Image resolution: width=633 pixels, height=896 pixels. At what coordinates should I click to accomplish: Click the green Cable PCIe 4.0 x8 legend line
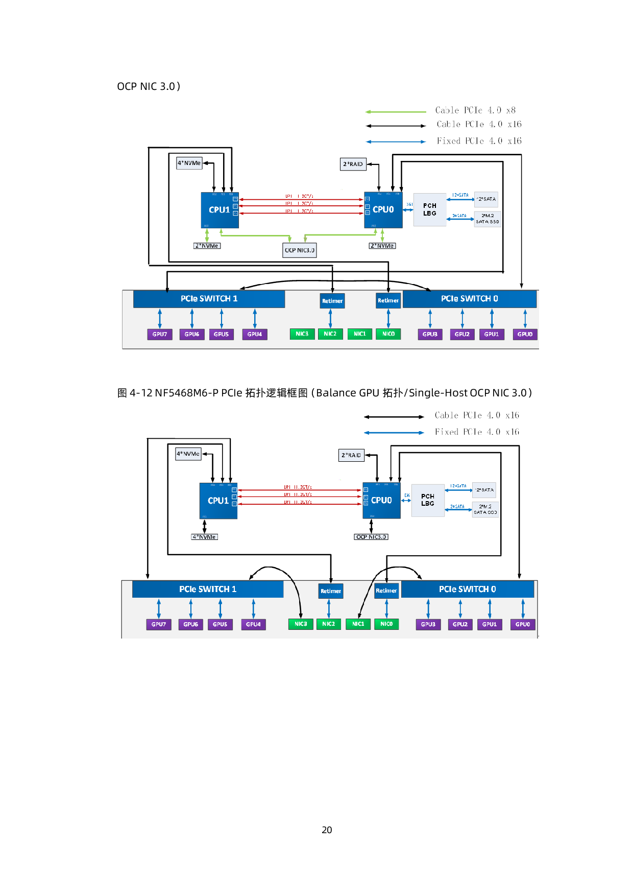point(396,111)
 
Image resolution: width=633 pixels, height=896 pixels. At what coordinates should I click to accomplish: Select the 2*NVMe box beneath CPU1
point(207,246)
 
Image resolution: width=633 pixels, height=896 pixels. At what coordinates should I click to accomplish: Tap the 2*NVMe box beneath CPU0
point(382,246)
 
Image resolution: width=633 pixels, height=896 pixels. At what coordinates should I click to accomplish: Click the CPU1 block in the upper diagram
point(220,210)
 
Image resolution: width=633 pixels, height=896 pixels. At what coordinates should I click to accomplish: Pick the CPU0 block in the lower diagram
point(381,501)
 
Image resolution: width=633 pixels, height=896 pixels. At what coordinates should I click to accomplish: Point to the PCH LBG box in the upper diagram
point(429,209)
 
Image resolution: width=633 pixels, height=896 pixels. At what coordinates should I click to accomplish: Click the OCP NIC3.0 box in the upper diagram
point(300,250)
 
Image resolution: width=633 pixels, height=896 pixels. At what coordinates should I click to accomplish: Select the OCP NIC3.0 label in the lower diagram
point(371,537)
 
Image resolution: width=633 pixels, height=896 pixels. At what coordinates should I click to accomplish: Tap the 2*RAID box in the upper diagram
point(353,164)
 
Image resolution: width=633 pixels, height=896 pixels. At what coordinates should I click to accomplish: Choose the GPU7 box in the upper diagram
point(160,334)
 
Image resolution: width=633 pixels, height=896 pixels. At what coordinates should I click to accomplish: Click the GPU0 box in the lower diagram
point(523,624)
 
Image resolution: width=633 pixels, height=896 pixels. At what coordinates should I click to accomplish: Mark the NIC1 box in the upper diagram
point(360,334)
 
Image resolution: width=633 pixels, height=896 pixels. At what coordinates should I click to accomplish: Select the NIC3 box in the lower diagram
point(301,624)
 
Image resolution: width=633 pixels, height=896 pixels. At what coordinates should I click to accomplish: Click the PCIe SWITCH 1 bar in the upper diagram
point(209,299)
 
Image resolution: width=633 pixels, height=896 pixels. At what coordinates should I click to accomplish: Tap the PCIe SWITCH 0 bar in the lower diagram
point(468,589)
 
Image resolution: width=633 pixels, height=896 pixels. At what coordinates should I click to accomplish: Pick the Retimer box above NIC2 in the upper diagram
point(332,301)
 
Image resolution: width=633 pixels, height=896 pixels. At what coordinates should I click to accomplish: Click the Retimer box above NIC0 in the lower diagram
point(386,591)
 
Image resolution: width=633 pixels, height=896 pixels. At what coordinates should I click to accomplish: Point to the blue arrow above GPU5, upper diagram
point(222,318)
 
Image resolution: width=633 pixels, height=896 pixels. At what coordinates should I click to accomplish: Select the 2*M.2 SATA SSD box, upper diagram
point(488,219)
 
